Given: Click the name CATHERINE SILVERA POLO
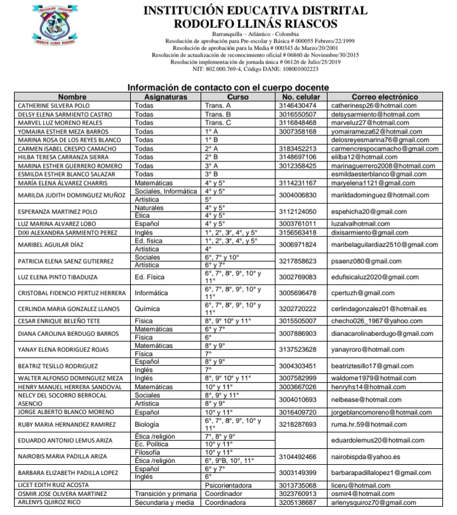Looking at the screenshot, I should click(53, 105).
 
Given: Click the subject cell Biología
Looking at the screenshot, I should click(150, 425).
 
